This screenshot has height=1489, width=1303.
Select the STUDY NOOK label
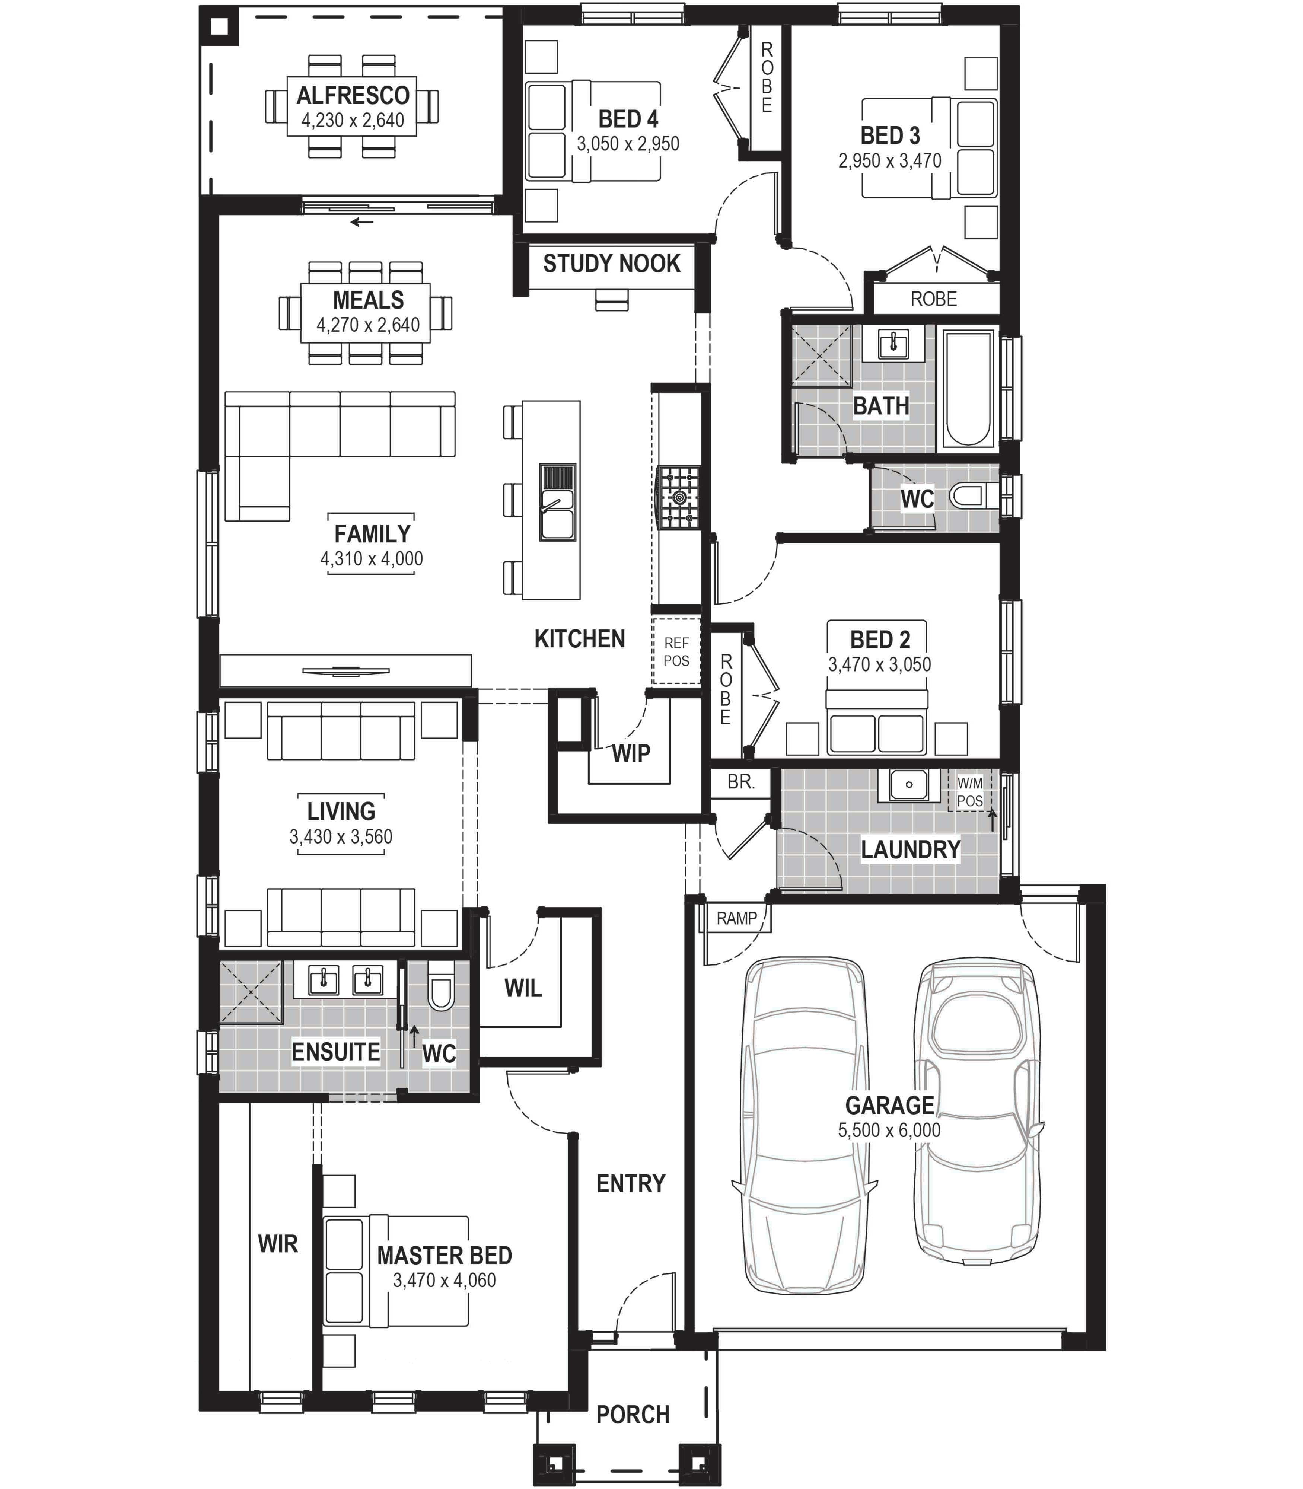coord(612,263)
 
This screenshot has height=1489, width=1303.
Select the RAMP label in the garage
coord(737,918)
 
